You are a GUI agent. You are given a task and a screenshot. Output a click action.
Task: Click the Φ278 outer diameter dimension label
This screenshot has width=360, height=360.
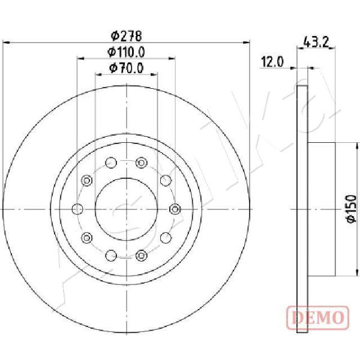pyautogui.click(x=126, y=36)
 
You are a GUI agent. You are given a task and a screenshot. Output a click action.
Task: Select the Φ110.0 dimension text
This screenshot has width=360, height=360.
pyautogui.click(x=126, y=52)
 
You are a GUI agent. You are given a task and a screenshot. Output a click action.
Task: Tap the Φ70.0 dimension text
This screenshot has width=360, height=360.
pyautogui.click(x=126, y=68)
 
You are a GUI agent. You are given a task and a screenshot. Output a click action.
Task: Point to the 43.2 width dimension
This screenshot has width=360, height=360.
pyautogui.click(x=316, y=42)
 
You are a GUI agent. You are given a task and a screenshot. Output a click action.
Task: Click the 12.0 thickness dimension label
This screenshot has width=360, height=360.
pyautogui.click(x=272, y=62)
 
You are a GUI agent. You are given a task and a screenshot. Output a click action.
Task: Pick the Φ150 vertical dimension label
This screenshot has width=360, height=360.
pyautogui.click(x=351, y=208)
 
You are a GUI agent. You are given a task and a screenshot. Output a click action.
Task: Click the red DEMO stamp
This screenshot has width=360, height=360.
pyautogui.click(x=318, y=318)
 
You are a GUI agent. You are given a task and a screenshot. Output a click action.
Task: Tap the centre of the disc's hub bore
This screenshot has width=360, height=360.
pyautogui.click(x=126, y=209)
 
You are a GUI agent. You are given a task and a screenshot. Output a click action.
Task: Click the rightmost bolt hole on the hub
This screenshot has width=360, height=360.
pyautogui.click(x=175, y=209)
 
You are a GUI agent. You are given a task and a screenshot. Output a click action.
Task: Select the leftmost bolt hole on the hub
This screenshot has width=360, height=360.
pyautogui.click(x=77, y=209)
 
